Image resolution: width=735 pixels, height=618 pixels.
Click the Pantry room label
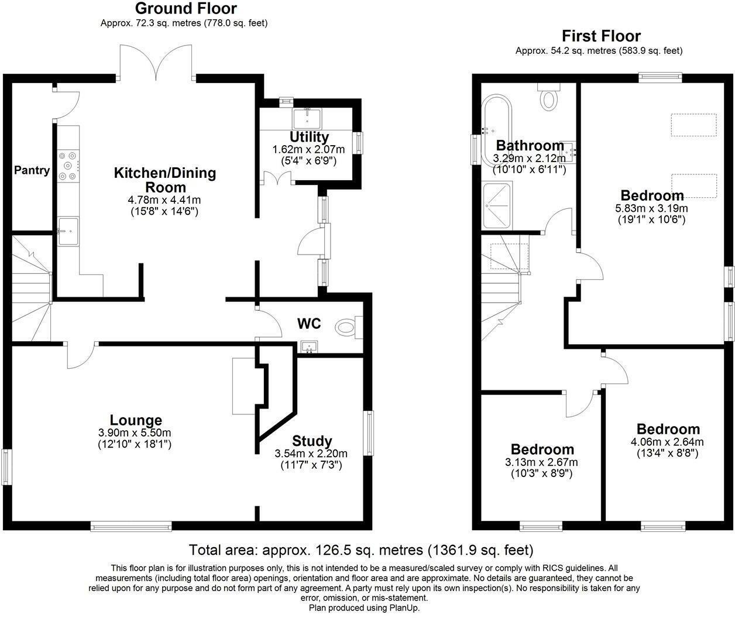(x=32, y=170)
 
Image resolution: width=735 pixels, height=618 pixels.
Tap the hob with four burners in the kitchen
(x=67, y=166)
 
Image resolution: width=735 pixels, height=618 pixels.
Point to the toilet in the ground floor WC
(x=347, y=325)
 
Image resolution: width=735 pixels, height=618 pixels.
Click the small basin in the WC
(x=308, y=348)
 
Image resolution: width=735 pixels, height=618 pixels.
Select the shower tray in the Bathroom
(x=497, y=206)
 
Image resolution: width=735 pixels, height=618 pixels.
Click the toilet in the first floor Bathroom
(x=548, y=97)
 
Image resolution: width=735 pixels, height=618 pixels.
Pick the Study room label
(x=312, y=441)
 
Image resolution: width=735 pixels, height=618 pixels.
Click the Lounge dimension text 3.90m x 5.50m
(x=135, y=433)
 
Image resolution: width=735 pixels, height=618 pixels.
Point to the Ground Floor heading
(x=186, y=9)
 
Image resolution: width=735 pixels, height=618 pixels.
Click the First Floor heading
(x=601, y=36)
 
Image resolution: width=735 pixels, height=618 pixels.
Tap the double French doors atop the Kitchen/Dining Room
(x=156, y=63)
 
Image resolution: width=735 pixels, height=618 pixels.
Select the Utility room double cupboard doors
(x=274, y=178)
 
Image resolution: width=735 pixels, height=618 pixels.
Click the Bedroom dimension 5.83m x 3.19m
(x=651, y=208)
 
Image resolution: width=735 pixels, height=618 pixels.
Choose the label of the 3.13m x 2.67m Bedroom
(x=542, y=449)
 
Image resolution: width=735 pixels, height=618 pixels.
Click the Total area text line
(x=361, y=550)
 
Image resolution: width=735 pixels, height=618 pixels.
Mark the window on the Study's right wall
(x=368, y=433)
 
